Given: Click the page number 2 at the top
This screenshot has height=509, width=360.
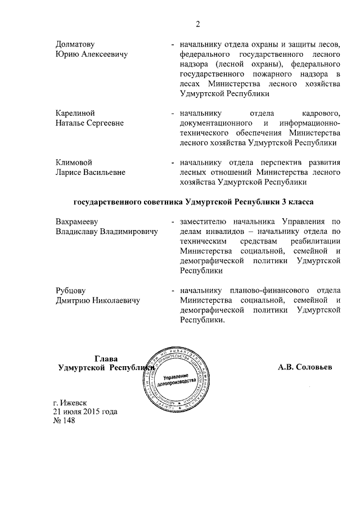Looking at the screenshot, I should coord(198,24).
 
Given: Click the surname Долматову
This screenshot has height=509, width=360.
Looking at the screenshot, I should coord(75,44).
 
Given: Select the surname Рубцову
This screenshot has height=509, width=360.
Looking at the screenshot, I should coord(70,290).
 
